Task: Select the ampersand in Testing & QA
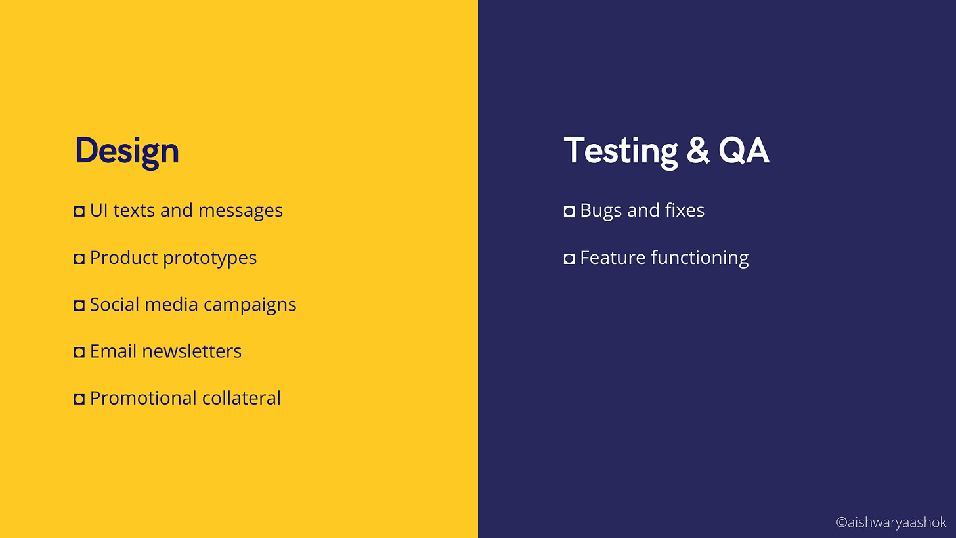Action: point(698,150)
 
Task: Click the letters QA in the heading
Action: point(744,150)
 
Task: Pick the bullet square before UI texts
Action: point(79,212)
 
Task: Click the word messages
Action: point(240,211)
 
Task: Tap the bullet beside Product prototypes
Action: point(79,258)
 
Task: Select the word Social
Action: point(114,304)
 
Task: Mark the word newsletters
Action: point(192,351)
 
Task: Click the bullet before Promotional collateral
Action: point(79,399)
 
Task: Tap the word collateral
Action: point(241,398)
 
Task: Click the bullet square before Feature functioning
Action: point(569,258)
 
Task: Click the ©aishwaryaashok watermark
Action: point(891,522)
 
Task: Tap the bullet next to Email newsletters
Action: point(79,352)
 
